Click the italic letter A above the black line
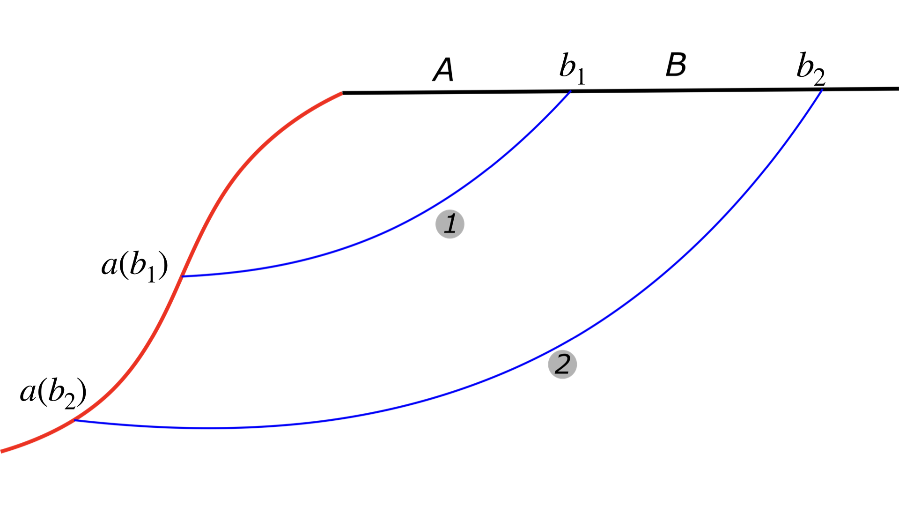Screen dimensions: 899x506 443,70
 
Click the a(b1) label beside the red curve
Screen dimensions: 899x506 134,267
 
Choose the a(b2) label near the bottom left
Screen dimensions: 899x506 53,393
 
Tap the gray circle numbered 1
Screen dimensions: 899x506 450,224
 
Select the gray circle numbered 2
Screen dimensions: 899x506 562,365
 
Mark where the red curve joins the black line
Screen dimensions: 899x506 343,93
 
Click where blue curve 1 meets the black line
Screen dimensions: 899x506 570,91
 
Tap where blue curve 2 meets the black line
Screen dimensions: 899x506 821,89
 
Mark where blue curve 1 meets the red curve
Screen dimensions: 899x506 183,276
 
